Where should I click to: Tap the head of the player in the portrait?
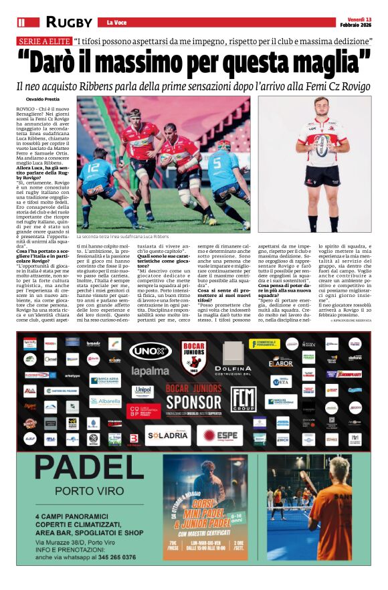point(323,108)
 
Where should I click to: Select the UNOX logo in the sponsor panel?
point(151,351)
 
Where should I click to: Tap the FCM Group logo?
point(243,399)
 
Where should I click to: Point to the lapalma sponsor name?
point(151,371)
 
